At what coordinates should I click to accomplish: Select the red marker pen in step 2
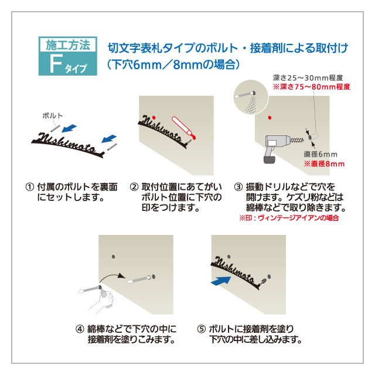point(182,129)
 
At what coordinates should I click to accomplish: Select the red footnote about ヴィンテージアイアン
point(289,218)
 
